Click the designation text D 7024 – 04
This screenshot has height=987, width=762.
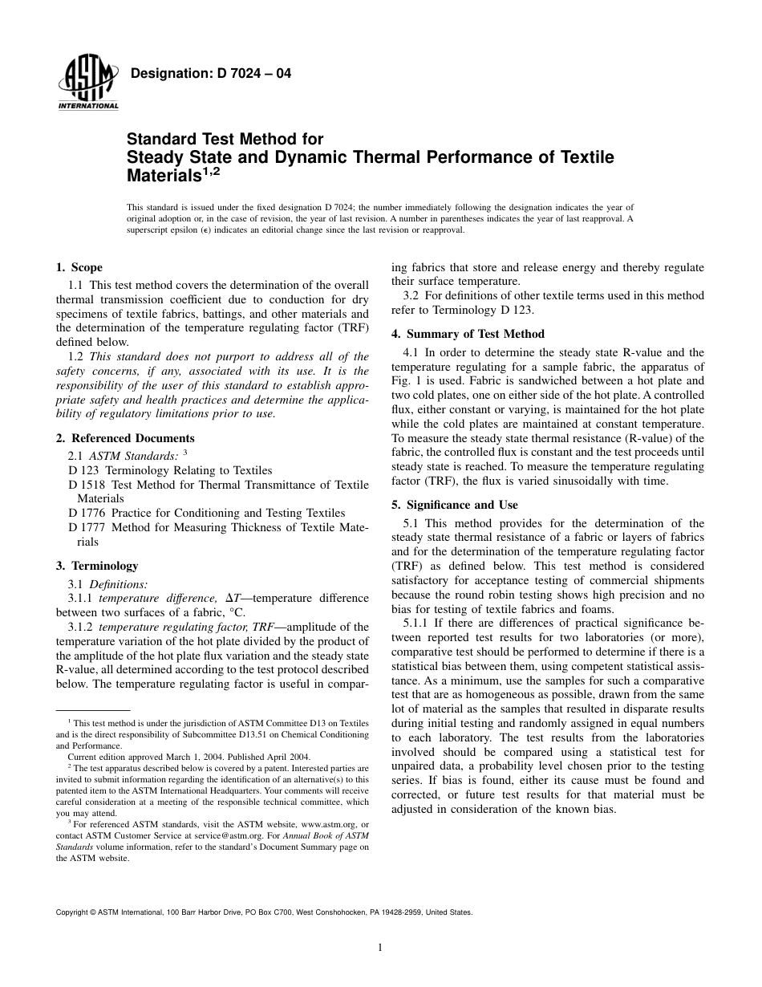pos(209,75)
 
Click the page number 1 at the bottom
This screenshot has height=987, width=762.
pos(380,948)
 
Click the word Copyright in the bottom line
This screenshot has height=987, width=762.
pos(73,912)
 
